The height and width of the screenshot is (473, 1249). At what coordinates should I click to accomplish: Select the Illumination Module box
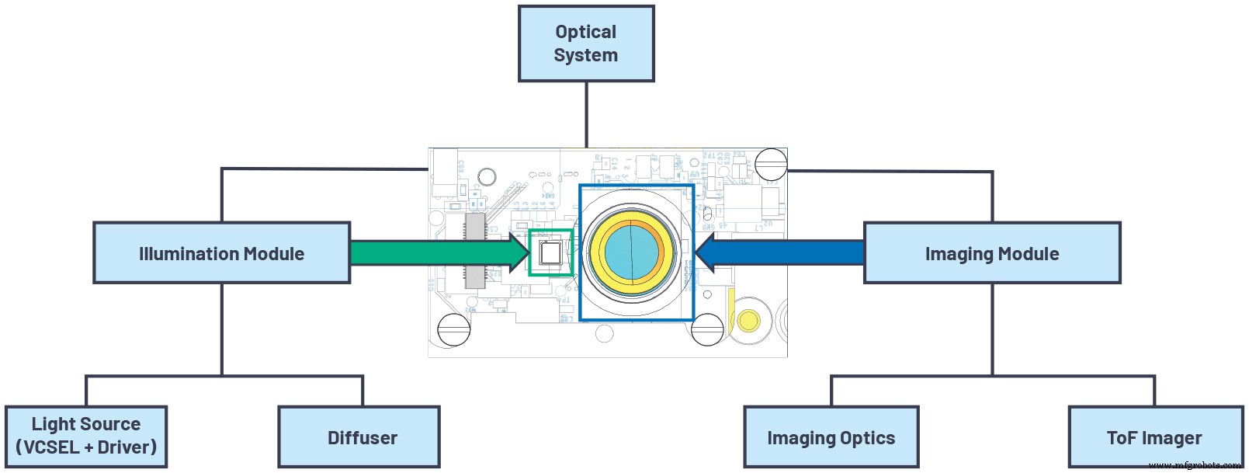click(x=221, y=253)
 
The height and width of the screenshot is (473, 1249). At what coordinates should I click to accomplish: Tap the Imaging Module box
click(x=991, y=253)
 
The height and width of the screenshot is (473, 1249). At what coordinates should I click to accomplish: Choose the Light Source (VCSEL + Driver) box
click(x=85, y=436)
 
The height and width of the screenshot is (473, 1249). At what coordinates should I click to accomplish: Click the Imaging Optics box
click(x=831, y=437)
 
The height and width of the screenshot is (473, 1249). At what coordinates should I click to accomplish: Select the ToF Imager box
click(x=1154, y=437)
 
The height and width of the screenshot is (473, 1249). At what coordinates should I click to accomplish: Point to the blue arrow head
click(x=706, y=253)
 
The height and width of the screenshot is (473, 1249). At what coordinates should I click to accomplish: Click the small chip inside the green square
click(x=550, y=253)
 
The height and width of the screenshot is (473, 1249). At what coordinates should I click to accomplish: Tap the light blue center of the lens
click(x=630, y=253)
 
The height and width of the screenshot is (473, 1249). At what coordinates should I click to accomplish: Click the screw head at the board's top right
click(x=771, y=164)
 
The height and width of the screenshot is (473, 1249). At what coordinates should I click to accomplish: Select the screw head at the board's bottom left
click(x=454, y=330)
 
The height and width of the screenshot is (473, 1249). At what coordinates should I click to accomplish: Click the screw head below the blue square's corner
click(x=707, y=330)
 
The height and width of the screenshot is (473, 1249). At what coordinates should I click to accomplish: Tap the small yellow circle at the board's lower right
click(x=748, y=320)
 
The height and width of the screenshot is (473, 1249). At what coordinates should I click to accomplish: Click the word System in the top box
click(x=586, y=55)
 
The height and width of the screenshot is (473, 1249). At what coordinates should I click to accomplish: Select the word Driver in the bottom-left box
click(x=126, y=447)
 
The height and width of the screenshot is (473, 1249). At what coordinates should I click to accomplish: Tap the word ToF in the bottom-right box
click(x=1121, y=438)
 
